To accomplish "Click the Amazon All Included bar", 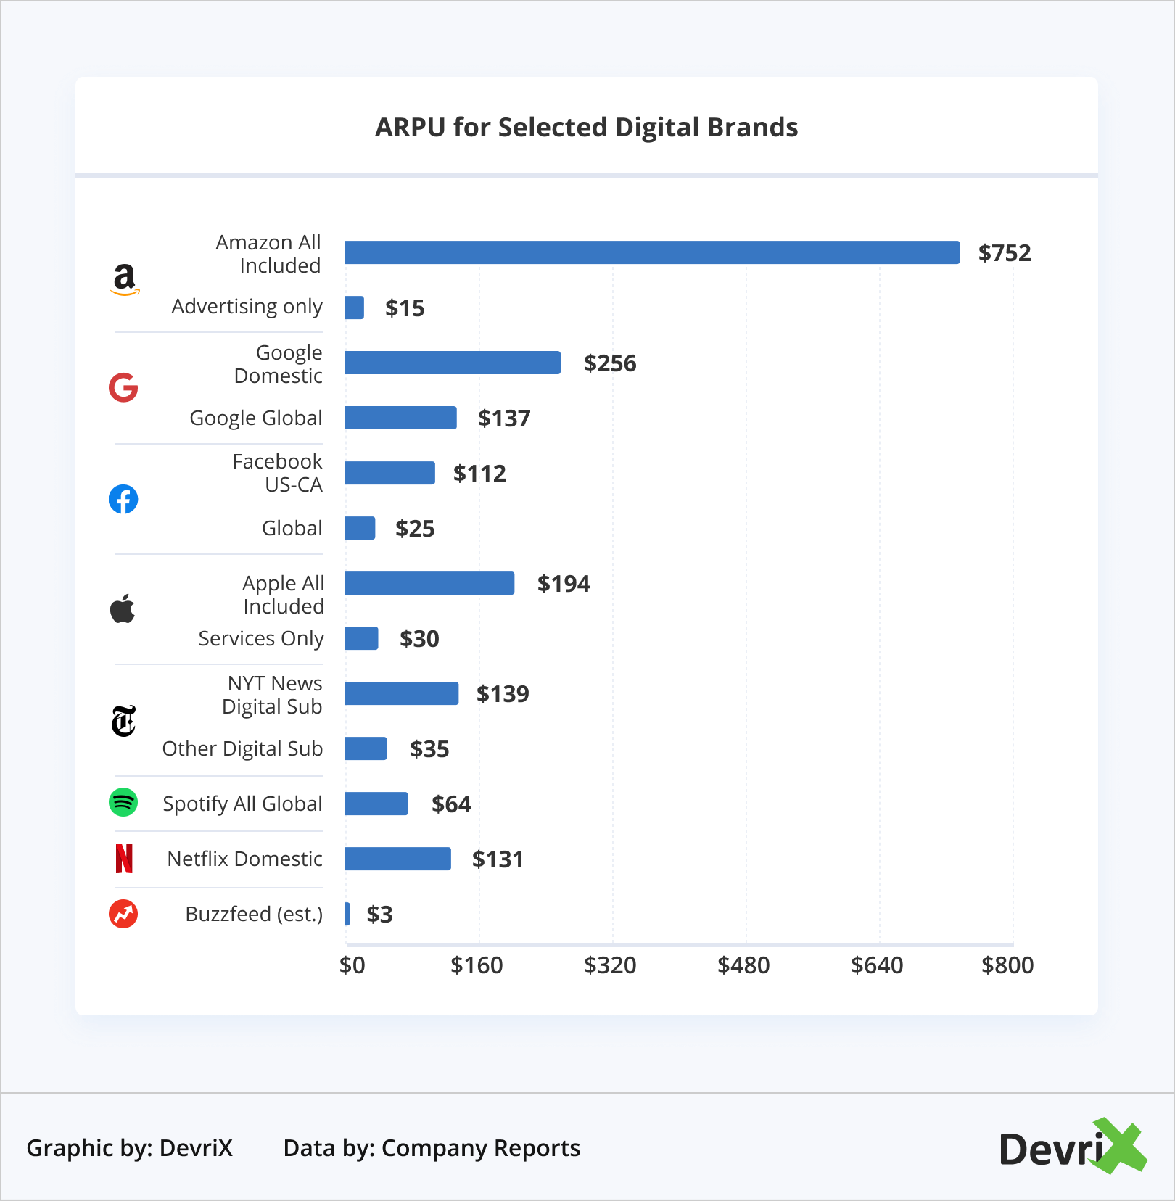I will click(652, 252).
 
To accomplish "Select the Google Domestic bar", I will click(453, 363).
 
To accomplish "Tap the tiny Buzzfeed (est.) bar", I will click(348, 914).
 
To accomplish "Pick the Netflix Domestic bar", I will click(397, 859).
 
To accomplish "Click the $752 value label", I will click(1004, 253).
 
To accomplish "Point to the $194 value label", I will click(563, 584).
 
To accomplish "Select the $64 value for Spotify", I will click(450, 804).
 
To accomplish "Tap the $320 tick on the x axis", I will click(610, 965).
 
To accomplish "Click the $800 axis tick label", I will click(1007, 965).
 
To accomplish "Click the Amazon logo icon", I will click(125, 279).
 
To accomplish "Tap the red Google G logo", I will click(123, 388).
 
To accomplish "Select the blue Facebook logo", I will click(123, 499).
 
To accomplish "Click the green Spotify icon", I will click(123, 802).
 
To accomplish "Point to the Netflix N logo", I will click(124, 859).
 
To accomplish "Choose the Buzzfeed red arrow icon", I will click(123, 914).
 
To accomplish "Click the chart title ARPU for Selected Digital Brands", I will click(586, 128).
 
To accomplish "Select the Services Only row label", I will click(261, 638).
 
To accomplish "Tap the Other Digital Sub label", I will click(242, 748).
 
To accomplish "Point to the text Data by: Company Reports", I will click(432, 1148).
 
